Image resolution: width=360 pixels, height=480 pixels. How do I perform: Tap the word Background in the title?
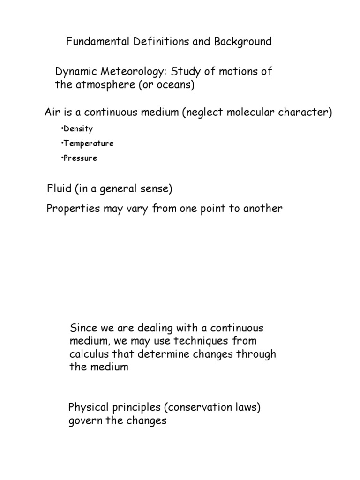243,42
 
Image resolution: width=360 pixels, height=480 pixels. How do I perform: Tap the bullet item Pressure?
80,158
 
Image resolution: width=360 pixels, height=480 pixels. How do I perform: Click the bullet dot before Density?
61,128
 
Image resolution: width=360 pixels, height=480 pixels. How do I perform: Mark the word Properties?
73,209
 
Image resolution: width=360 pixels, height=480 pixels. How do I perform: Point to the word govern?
85,420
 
